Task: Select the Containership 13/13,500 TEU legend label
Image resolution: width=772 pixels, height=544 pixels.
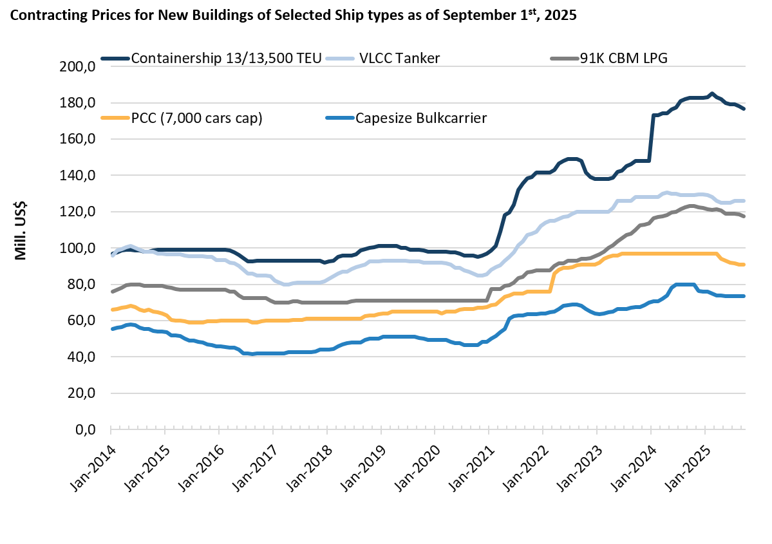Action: [x=226, y=59]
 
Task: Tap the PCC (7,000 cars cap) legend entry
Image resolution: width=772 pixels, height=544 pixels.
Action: [x=196, y=118]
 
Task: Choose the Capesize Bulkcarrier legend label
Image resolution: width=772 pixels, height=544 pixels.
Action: [x=421, y=118]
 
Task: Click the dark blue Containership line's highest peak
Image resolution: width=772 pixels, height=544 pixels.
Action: [x=711, y=94]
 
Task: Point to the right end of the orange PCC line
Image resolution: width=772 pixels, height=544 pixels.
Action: [x=744, y=264]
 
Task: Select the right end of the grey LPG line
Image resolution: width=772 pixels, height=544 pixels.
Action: [x=744, y=216]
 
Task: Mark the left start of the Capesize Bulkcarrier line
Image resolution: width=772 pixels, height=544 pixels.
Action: [x=111, y=329]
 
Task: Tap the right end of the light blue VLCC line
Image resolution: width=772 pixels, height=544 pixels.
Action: [x=744, y=201]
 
